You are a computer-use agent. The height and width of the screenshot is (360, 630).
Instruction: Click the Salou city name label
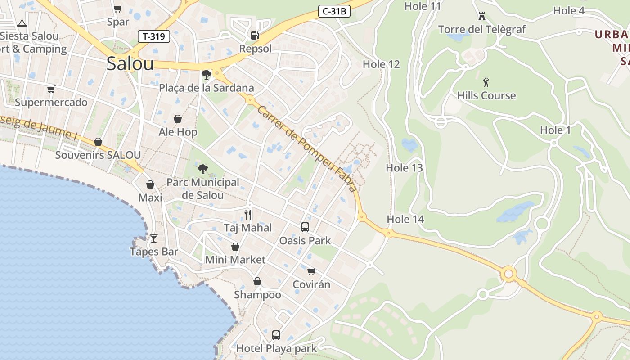130,64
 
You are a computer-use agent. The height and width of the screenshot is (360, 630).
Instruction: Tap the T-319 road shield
154,36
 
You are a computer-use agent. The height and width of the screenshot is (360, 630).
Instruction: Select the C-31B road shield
334,12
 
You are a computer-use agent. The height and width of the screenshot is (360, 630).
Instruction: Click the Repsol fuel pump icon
255,36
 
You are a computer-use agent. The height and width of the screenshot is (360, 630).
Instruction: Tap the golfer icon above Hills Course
486,82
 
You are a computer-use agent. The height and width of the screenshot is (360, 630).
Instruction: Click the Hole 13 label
404,168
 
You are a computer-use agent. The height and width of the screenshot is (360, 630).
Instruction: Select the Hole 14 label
405,219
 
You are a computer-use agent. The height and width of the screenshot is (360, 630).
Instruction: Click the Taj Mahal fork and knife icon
248,214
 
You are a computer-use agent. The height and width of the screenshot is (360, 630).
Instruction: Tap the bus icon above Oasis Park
305,227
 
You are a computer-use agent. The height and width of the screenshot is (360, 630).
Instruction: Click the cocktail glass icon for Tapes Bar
154,238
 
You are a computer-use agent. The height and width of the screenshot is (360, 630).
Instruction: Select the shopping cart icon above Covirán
311,271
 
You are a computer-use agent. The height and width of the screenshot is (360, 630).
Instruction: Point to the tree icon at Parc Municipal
203,169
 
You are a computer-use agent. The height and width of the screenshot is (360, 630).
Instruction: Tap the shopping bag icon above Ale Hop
178,119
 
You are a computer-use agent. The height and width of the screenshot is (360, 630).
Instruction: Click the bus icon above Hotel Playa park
276,335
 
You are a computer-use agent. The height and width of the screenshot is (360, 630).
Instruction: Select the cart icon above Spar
118,9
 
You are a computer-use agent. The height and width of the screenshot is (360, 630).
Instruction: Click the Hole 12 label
381,64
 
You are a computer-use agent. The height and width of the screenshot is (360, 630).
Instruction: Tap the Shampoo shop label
257,295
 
